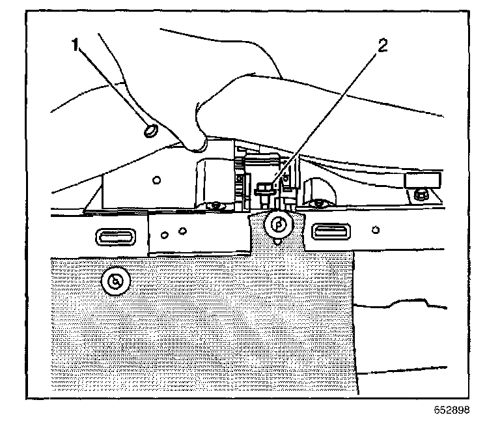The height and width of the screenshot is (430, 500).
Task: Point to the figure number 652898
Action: coord(451,410)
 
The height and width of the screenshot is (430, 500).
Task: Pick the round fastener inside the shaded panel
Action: coord(116,281)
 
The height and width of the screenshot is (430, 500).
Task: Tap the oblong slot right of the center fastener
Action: coord(331,229)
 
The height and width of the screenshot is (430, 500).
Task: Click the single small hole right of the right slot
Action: coord(376,229)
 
